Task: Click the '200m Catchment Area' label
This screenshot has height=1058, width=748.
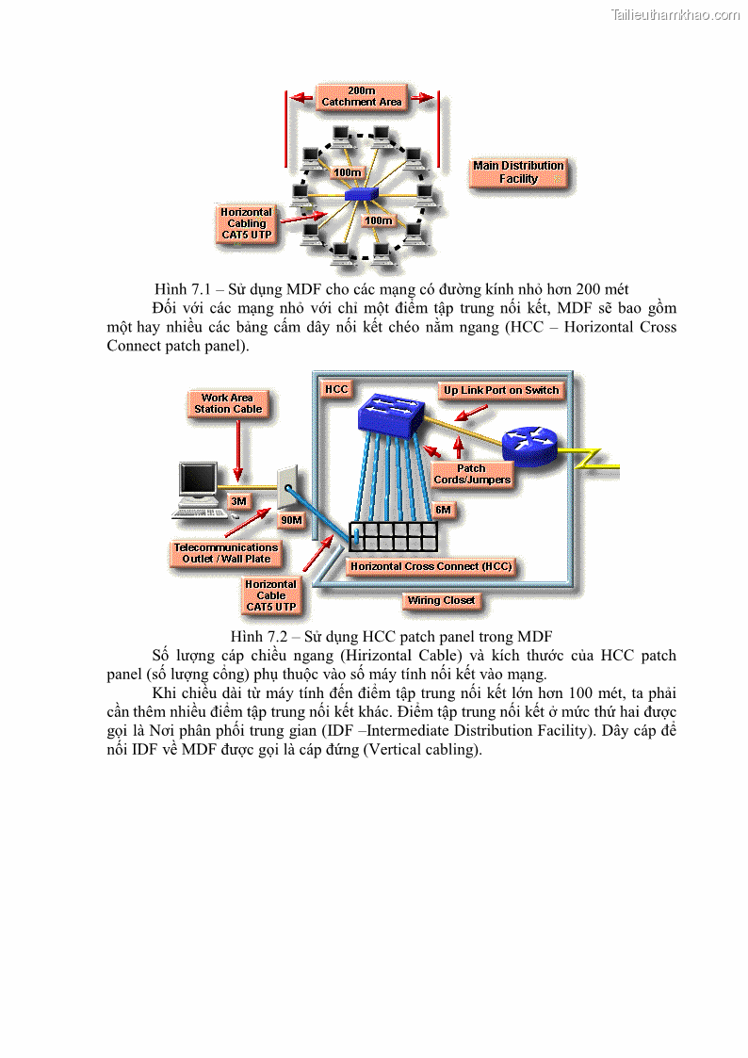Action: pyautogui.click(x=362, y=96)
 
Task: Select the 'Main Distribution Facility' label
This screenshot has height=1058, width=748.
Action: pyautogui.click(x=518, y=172)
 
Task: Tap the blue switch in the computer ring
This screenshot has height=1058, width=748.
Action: pyautogui.click(x=361, y=195)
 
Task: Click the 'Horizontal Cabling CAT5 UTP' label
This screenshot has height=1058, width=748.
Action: pyautogui.click(x=247, y=224)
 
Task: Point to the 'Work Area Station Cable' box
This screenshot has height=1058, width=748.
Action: pyautogui.click(x=228, y=403)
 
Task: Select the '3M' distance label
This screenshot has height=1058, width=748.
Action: pyautogui.click(x=239, y=501)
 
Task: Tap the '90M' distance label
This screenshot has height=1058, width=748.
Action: pyautogui.click(x=291, y=520)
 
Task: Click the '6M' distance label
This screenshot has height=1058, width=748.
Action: pyautogui.click(x=444, y=510)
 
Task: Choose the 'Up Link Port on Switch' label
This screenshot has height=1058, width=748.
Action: pyautogui.click(x=501, y=390)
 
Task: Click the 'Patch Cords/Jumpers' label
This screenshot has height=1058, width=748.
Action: pyautogui.click(x=472, y=474)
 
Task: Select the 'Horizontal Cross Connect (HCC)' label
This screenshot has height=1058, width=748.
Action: pyautogui.click(x=431, y=566)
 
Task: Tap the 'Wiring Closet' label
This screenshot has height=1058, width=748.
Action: pyautogui.click(x=441, y=600)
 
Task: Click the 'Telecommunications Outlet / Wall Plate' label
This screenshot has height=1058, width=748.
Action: pyautogui.click(x=226, y=553)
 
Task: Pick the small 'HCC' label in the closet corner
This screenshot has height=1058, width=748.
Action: pyautogui.click(x=336, y=389)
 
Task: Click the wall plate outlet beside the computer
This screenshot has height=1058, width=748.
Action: pyautogui.click(x=286, y=484)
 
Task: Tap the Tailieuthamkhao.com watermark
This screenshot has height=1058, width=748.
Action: pyautogui.click(x=675, y=14)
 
